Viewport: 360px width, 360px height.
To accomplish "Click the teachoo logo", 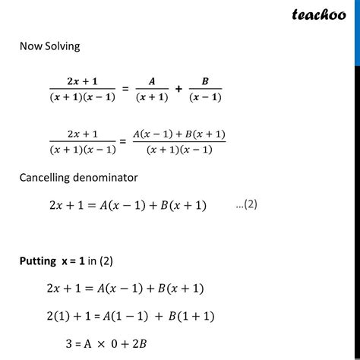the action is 315,14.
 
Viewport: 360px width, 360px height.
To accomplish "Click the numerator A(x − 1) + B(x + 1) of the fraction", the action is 184,135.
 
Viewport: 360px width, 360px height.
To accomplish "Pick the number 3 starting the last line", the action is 68,343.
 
